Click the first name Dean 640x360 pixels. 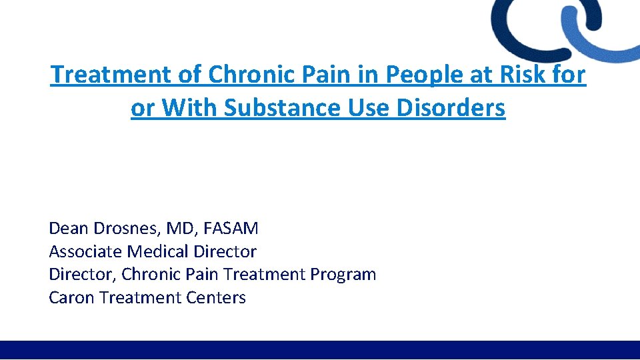[68, 229]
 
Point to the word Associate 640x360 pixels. [85, 251]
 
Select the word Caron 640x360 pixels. [71, 297]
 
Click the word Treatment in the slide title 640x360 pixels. [111, 75]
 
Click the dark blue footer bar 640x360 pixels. [320, 350]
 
